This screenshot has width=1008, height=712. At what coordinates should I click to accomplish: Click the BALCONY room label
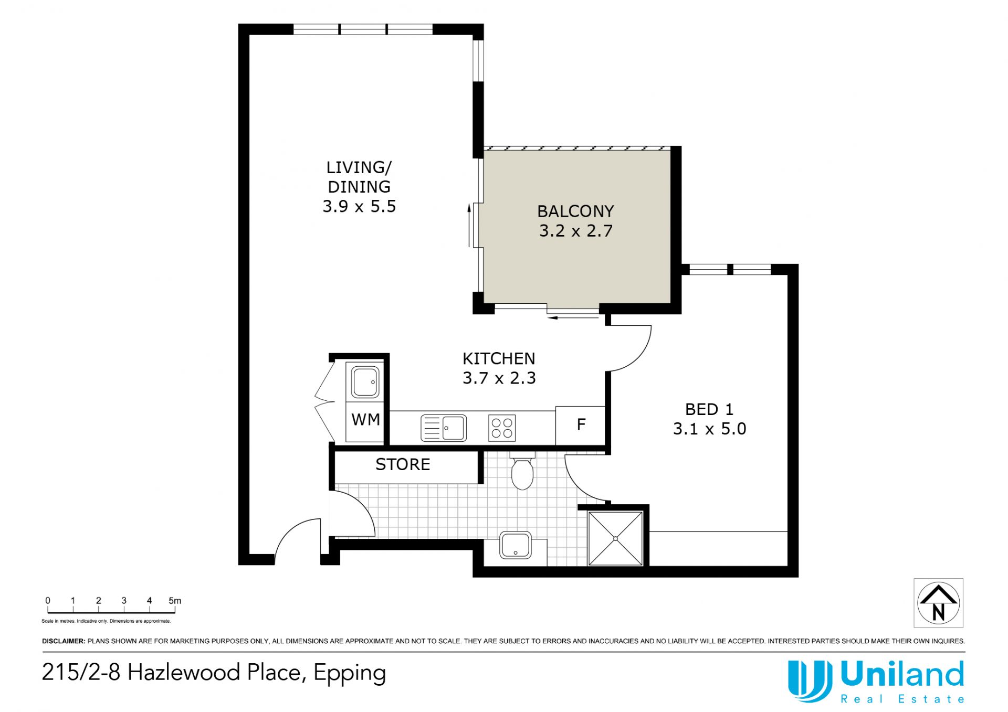pos(575,211)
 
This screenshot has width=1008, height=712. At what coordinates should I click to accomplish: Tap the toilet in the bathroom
pos(522,471)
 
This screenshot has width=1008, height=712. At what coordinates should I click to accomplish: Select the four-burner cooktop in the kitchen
pos(502,428)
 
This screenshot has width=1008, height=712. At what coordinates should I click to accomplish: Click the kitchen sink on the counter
pos(444,428)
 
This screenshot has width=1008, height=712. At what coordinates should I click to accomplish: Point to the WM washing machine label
pos(366,420)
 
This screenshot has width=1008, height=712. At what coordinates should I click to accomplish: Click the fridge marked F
pos(581,426)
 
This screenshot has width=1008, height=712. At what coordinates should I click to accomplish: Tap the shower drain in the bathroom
pos(616,538)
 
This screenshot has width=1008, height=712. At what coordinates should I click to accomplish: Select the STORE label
pos(403,464)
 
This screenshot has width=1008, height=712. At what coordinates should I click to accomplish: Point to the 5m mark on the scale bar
pos(175,601)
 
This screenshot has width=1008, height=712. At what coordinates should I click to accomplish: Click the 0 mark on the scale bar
pos(48,601)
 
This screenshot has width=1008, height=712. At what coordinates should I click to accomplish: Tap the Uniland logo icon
pos(810,681)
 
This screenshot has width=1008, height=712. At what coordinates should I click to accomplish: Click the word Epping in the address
pos(350,673)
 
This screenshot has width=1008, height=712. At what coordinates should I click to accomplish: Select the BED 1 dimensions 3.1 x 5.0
pos(709,429)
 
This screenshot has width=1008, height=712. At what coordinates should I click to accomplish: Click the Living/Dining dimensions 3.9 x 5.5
pos(359,206)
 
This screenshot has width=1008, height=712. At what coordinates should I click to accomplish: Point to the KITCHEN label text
pos(499,359)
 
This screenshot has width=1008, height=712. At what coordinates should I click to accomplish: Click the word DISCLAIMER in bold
pos(64,641)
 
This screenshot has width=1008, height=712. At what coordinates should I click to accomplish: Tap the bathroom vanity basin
pos(516,545)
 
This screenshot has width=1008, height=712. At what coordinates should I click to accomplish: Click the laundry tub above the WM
pos(365,382)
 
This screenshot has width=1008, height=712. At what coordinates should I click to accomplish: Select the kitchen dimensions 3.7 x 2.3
pos(499,378)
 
